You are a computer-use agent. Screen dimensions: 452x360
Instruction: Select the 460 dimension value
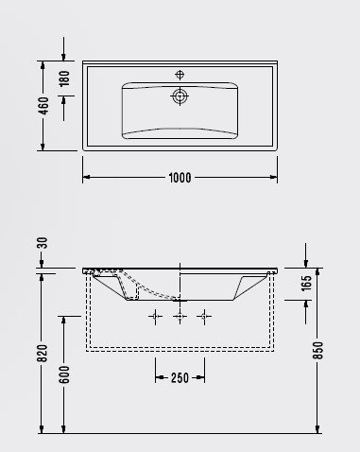coord(43,105)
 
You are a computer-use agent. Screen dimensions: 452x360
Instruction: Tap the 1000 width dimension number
coord(180,178)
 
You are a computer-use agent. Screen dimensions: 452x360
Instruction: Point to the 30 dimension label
coord(43,244)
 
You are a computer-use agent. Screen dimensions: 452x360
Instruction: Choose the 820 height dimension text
coord(43,351)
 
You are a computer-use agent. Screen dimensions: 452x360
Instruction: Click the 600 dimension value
coord(64,374)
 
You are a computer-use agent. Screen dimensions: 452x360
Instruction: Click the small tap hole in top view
coord(179,73)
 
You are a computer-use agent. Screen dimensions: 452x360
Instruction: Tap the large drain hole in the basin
coord(179,96)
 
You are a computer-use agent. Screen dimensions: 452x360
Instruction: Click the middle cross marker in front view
coord(179,316)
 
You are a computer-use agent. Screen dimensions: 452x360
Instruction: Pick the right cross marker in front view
coord(201,316)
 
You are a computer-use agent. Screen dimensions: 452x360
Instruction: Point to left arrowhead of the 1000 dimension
coord(86,178)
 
